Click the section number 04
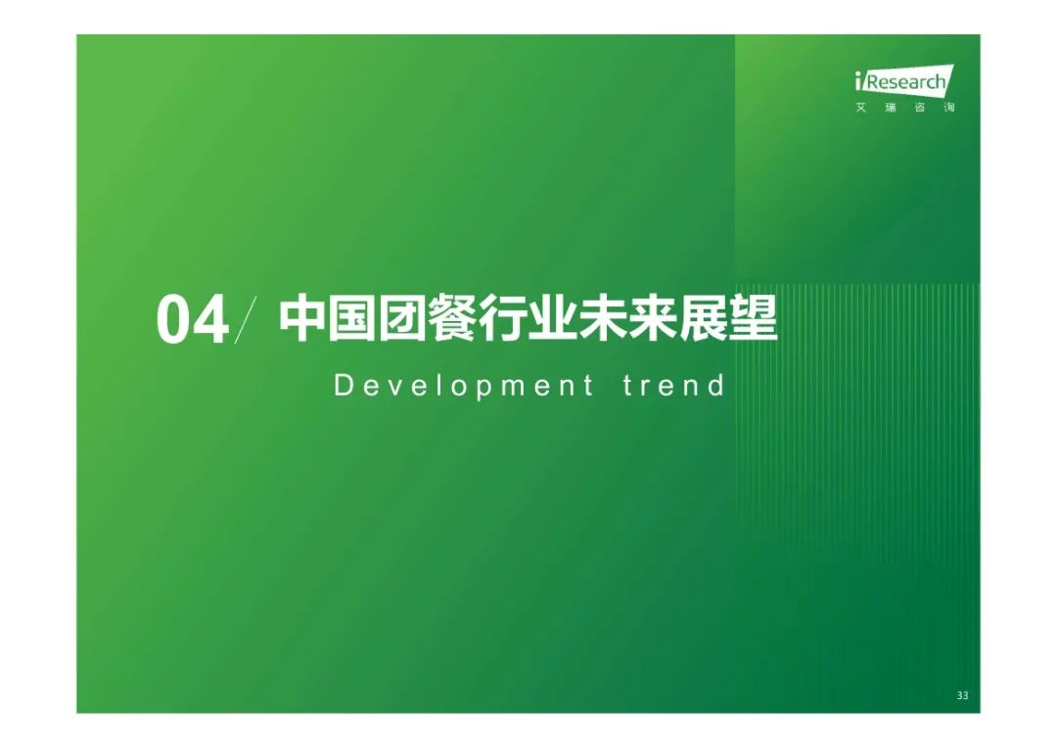click(192, 321)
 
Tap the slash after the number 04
click(246, 320)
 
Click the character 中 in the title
click(302, 317)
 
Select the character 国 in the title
click(352, 317)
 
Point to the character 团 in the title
click(402, 317)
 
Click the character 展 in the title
click(704, 317)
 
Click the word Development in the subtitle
click(464, 387)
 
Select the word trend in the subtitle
click(673, 386)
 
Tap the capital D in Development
click(344, 385)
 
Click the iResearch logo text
click(903, 80)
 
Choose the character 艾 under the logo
click(861, 108)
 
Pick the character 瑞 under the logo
click(891, 108)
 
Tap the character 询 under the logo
click(949, 108)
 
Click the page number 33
click(963, 695)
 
